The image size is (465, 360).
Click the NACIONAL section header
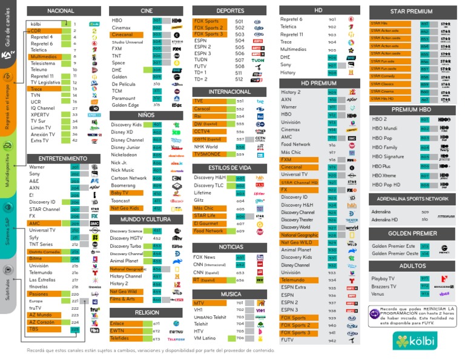coord(61,11)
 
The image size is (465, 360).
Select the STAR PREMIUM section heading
coord(411,12)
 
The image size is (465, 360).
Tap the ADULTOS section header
coord(411,265)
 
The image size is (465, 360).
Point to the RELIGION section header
coord(147,312)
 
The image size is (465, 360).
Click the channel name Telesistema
coord(43,63)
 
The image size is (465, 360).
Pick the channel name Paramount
coord(124,98)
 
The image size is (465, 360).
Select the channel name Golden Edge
coord(125,105)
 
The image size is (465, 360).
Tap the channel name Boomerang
coord(123,185)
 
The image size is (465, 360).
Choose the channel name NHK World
coord(206,147)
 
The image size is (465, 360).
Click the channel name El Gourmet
coord(206,223)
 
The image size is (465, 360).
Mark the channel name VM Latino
coord(205,338)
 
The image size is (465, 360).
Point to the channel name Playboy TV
coord(383,279)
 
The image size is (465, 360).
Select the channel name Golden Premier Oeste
coord(394,253)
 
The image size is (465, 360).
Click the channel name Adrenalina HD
coord(384,220)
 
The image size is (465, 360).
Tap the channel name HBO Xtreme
coord(384,175)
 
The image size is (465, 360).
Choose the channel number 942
coord(332,340)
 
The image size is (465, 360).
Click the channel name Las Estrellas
coord(43,280)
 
